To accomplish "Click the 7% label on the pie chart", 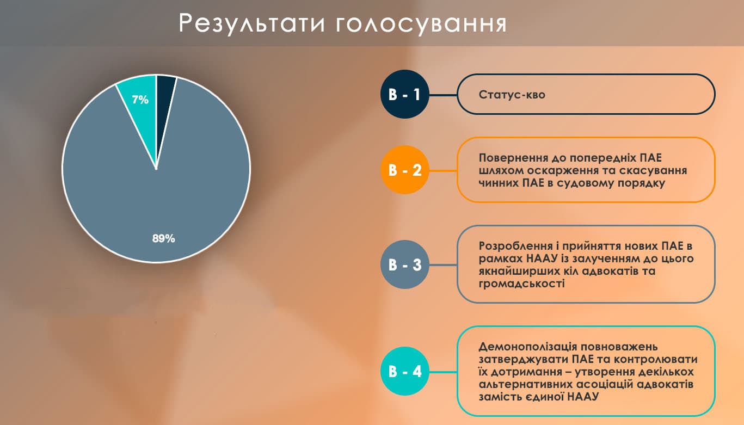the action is point(140,100).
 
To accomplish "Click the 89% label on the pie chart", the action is point(163,238).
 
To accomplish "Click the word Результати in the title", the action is point(252,24).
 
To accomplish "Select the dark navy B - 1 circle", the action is point(404,94).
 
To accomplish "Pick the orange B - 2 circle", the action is point(404,170).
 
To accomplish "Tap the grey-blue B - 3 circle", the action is point(404,264).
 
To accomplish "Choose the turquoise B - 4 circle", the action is point(404,371).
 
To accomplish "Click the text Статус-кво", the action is point(512,95).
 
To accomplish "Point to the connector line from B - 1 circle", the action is point(443,95).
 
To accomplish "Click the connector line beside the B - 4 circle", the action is point(443,372).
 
